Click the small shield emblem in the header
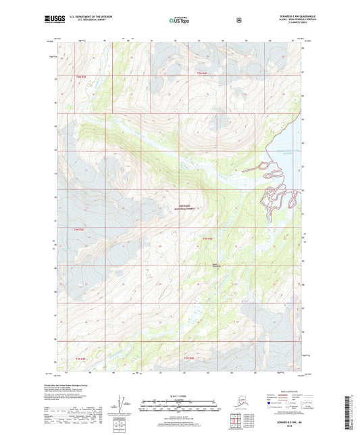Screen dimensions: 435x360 (x=238, y=20)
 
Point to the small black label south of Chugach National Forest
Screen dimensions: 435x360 (x=216, y=265)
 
